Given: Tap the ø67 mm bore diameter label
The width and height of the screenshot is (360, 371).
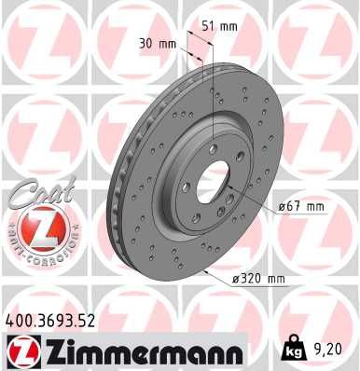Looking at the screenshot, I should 302,206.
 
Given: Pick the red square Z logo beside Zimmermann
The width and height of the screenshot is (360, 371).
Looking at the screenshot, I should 19,352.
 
